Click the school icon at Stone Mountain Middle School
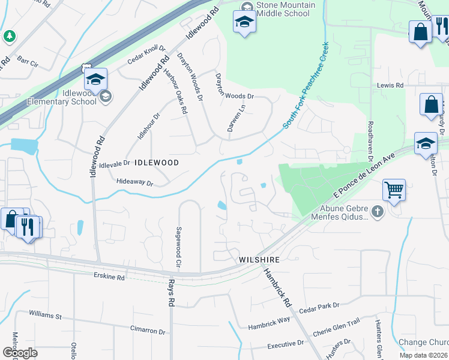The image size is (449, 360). tap(244, 23)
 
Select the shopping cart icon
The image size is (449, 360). tap(394, 190)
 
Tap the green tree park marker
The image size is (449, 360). tap(9, 37)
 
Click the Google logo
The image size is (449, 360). tap(20, 353)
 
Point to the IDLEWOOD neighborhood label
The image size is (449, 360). tap(157, 163)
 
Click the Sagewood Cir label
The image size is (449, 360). tap(178, 247)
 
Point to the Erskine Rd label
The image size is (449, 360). tap(109, 277)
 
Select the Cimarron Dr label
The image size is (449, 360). tap(148, 331)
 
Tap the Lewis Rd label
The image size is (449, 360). tap(390, 86)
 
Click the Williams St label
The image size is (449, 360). tap(45, 314)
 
